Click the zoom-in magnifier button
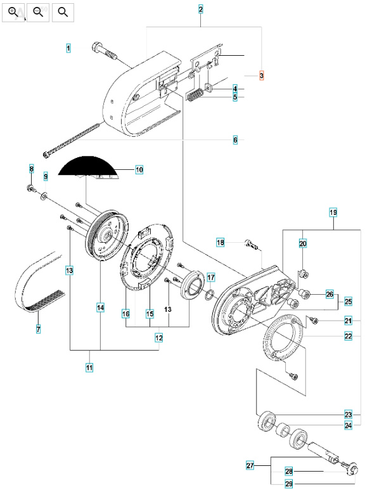(14, 11)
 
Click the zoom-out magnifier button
(39, 11)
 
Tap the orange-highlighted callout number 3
(261, 75)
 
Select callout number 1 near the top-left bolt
(68, 48)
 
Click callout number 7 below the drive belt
(38, 329)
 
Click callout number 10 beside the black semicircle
(139, 169)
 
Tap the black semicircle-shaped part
(89, 167)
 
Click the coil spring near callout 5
(195, 95)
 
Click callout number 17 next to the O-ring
(211, 277)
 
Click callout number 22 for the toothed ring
(348, 336)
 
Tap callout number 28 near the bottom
(288, 471)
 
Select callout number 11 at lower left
(89, 367)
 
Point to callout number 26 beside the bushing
(329, 294)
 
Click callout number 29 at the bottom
(288, 484)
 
